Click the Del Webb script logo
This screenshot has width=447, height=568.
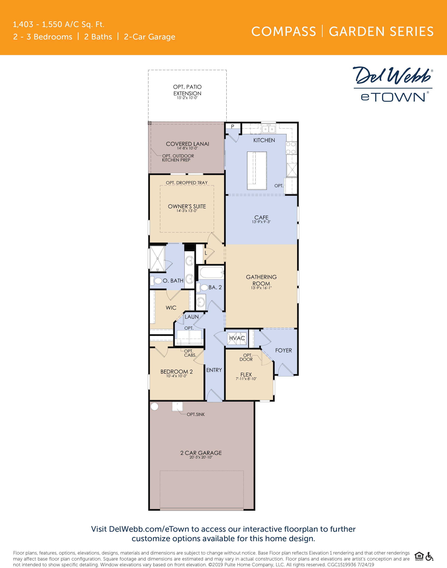click(x=392, y=76)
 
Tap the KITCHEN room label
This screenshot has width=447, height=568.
click(x=264, y=140)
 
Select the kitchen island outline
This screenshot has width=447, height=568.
click(x=257, y=170)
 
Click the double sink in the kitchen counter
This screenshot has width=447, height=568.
click(x=269, y=129)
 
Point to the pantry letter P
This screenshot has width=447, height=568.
click(x=232, y=126)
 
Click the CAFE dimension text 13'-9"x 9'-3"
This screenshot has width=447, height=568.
click(x=261, y=222)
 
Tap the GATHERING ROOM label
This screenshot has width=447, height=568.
click(x=261, y=280)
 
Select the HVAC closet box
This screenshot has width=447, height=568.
click(x=237, y=338)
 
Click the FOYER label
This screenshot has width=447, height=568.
click(x=283, y=350)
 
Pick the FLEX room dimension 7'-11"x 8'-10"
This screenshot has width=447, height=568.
click(x=246, y=379)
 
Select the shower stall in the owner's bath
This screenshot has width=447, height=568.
click(x=157, y=258)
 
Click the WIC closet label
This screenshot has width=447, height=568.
click(x=171, y=308)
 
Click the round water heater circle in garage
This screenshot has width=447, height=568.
click(x=155, y=406)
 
